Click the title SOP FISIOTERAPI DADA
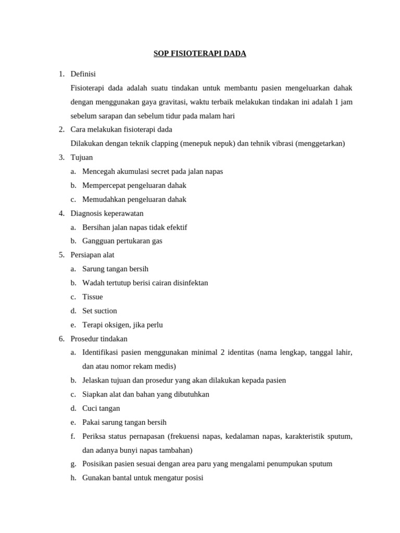click(x=200, y=54)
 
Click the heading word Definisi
click(x=83, y=74)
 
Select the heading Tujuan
click(x=82, y=158)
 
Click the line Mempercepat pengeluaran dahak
click(x=134, y=185)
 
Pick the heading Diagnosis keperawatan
click(x=107, y=213)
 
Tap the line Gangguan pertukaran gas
click(x=122, y=241)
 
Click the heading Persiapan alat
click(x=92, y=255)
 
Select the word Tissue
click(x=93, y=297)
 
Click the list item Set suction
click(x=99, y=311)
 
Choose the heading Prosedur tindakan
click(x=99, y=339)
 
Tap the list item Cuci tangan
click(x=101, y=409)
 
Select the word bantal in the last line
click(x=122, y=478)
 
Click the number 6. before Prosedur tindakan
click(x=61, y=339)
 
